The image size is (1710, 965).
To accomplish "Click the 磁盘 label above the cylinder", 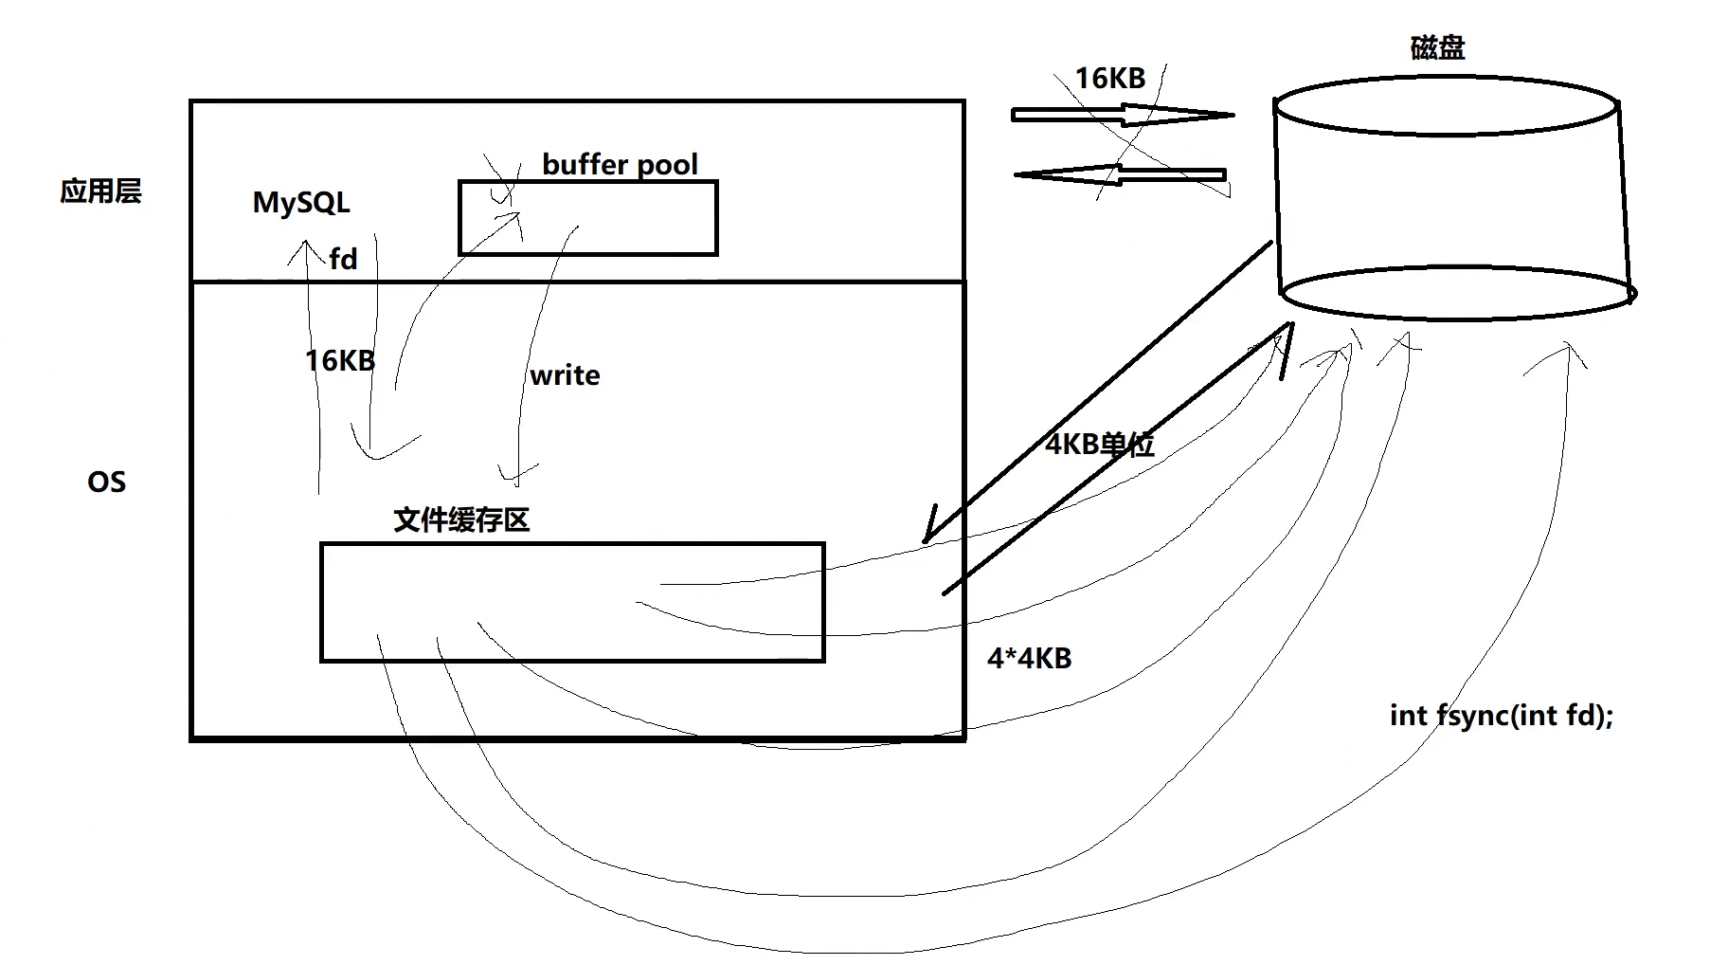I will (1437, 47).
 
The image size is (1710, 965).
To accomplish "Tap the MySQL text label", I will (301, 203).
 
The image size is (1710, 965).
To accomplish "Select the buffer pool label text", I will (620, 165).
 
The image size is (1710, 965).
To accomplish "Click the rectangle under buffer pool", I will (587, 219).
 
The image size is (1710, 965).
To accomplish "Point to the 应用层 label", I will (100, 191).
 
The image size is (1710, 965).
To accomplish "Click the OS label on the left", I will (106, 482).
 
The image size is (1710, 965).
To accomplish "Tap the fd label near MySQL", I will (343, 259).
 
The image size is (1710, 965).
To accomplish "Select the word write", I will (565, 375).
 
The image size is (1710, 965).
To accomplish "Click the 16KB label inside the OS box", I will (339, 360).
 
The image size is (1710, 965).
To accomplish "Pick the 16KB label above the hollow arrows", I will (1109, 79).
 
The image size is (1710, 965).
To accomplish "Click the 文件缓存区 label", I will (461, 519).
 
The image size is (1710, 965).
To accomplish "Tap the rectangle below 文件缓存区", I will (572, 602).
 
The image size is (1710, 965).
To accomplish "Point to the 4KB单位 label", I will (1099, 444).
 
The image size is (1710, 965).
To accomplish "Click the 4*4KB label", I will (1029, 658).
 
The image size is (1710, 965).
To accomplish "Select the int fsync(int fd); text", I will (1501, 715).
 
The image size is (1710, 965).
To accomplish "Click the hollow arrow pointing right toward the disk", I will (1123, 116).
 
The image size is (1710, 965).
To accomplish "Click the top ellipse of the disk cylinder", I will (1446, 105).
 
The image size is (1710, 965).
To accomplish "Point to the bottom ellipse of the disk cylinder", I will (1457, 293).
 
